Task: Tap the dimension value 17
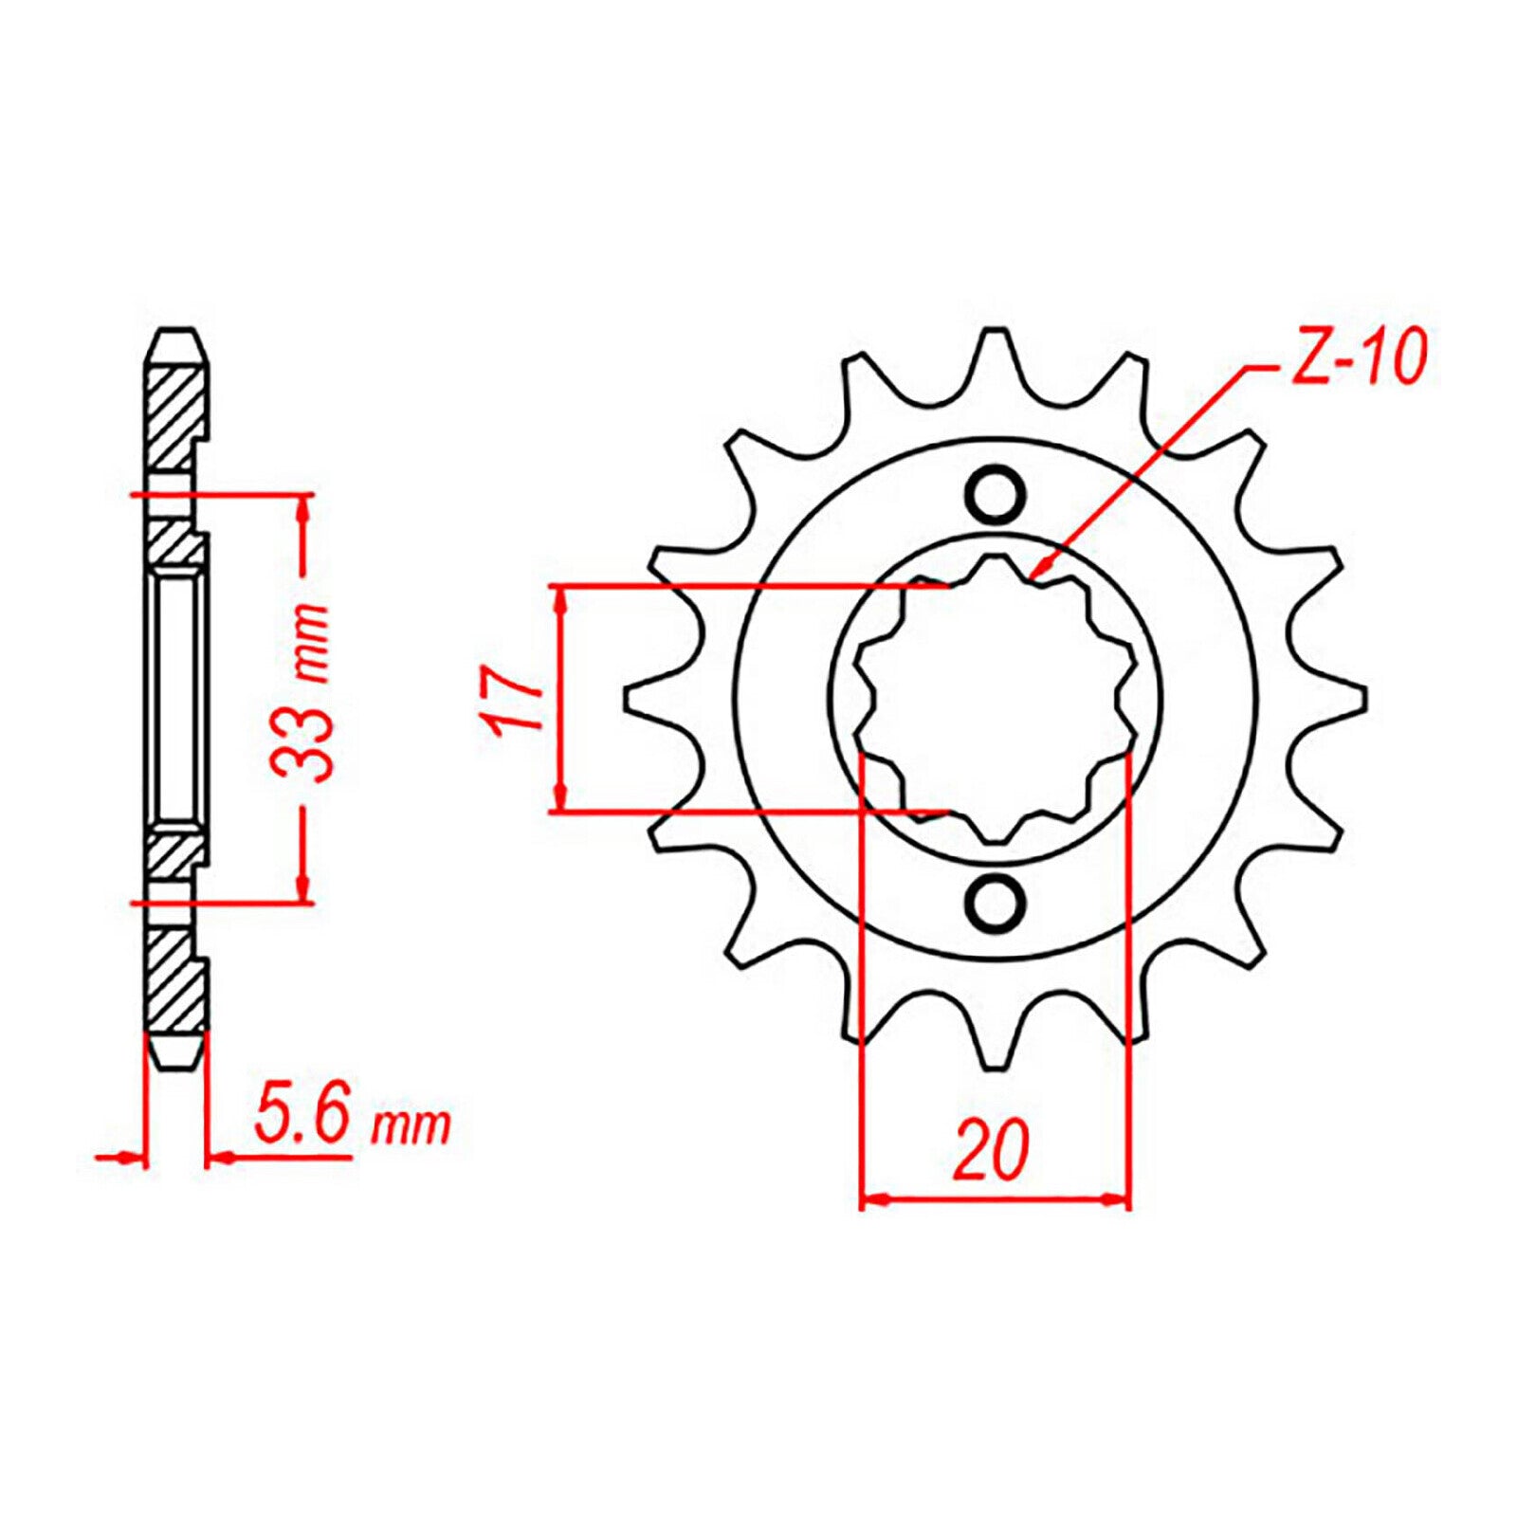(x=508, y=699)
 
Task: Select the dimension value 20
(x=992, y=1150)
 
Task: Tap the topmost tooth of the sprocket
(x=995, y=356)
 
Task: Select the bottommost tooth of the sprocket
(x=995, y=1043)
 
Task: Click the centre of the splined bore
(x=995, y=699)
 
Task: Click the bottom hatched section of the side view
(x=174, y=986)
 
